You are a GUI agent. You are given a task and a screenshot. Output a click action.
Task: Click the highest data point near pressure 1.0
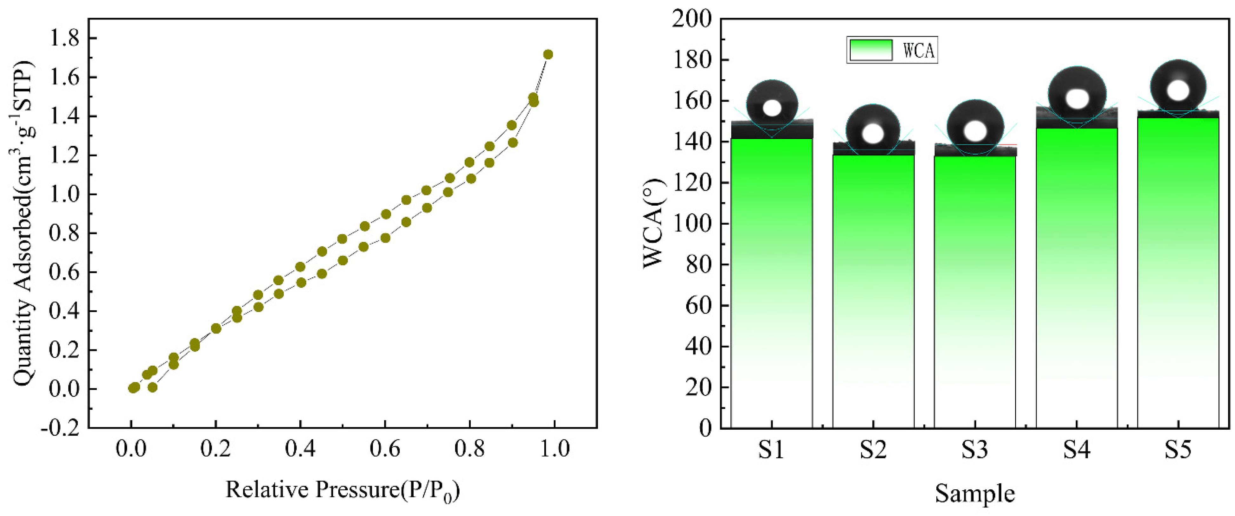pyautogui.click(x=548, y=55)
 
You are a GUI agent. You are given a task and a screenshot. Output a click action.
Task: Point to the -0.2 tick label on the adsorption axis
pyautogui.click(x=60, y=428)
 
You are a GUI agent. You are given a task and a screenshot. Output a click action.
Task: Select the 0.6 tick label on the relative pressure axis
pyautogui.click(x=385, y=449)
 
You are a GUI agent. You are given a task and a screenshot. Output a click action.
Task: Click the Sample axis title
pyautogui.click(x=975, y=493)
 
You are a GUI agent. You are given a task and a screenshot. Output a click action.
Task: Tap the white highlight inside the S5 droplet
pyautogui.click(x=1178, y=90)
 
